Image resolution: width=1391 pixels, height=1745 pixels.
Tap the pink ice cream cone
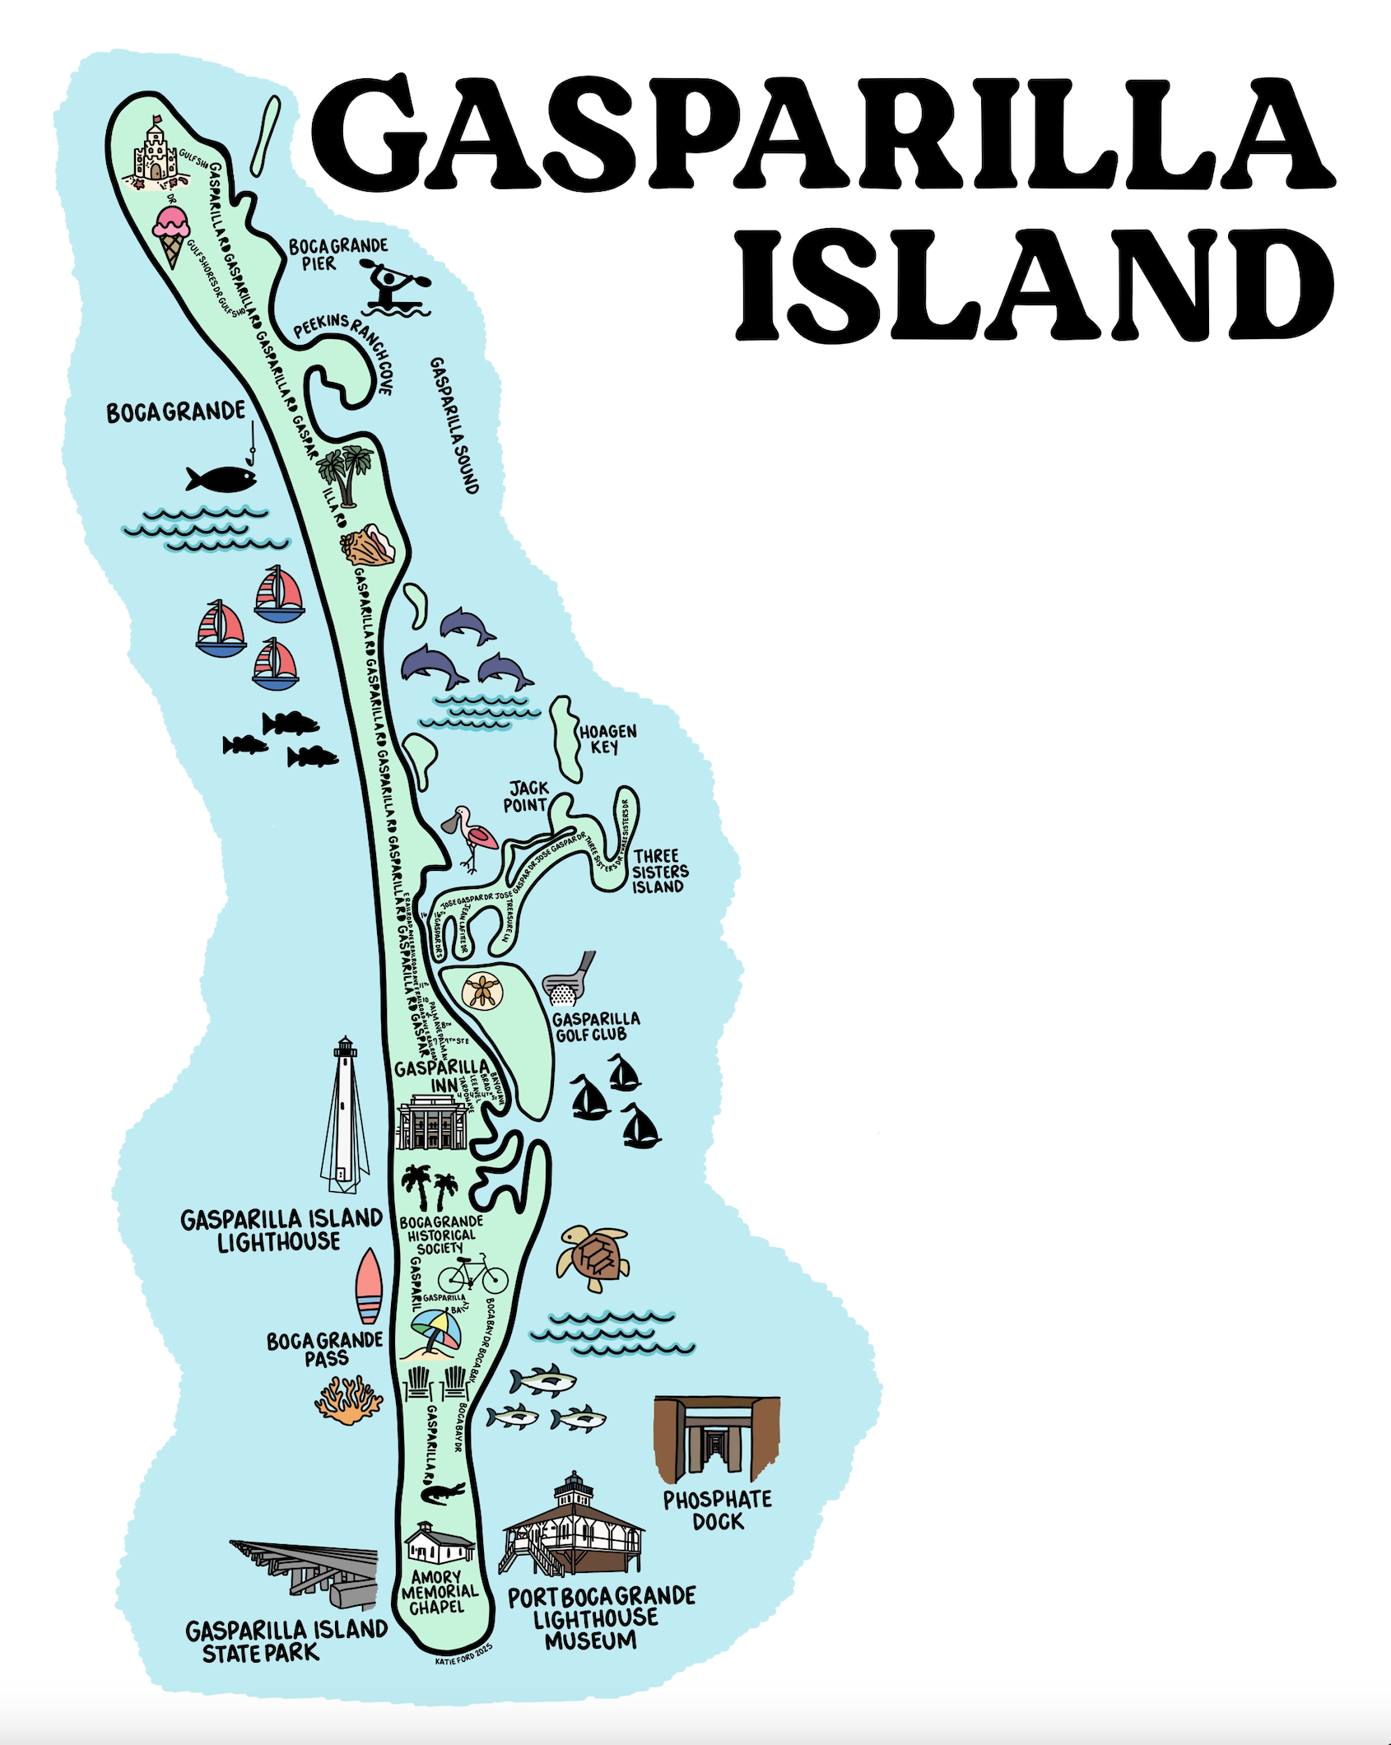pos(173,235)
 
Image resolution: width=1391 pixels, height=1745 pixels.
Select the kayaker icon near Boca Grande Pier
pos(395,288)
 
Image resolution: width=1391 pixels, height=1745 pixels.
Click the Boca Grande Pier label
pos(337,254)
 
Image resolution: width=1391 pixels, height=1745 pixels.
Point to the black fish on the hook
pos(221,478)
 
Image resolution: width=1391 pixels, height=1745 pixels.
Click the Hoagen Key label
pos(607,739)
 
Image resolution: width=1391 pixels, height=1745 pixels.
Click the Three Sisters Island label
pos(659,871)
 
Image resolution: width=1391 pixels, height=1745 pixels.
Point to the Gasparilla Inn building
pos(430,1122)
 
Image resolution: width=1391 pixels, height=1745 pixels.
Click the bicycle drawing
pos(472,1276)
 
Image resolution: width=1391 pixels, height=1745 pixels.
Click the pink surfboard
pos(369,1287)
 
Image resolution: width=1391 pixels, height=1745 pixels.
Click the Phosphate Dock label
pos(718,1510)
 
